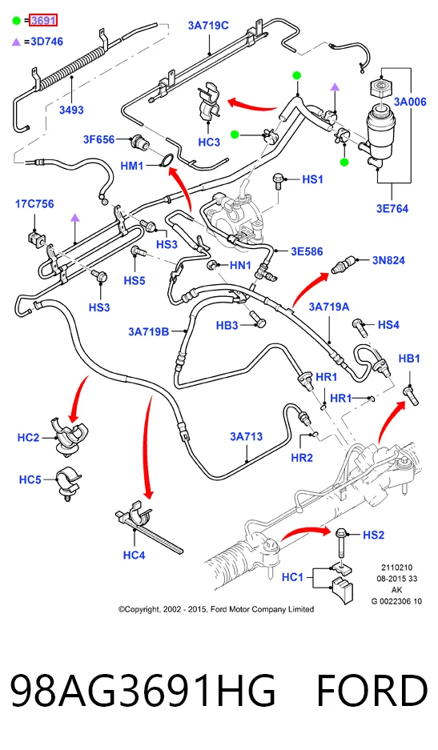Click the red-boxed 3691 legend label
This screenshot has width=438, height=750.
(x=43, y=21)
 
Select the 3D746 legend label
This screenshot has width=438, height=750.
(x=47, y=42)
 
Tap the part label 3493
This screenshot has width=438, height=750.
(x=71, y=110)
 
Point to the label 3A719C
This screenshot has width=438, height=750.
(x=208, y=26)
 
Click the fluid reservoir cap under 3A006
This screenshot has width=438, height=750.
(x=381, y=89)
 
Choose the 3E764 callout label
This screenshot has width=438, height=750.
(x=392, y=209)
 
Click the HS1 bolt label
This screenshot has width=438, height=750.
(x=312, y=179)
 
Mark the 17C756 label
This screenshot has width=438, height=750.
(x=34, y=204)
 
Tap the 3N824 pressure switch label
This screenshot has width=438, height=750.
(x=388, y=261)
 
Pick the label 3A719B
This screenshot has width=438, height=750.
(x=148, y=331)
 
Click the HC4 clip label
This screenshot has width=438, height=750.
(x=134, y=555)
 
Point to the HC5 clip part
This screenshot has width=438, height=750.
(x=67, y=483)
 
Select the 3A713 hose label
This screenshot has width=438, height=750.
(x=247, y=436)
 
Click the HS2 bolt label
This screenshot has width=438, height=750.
(x=374, y=535)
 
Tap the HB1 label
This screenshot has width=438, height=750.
(x=409, y=359)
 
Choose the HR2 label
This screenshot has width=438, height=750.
(x=302, y=458)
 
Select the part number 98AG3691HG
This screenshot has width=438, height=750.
(x=143, y=691)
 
